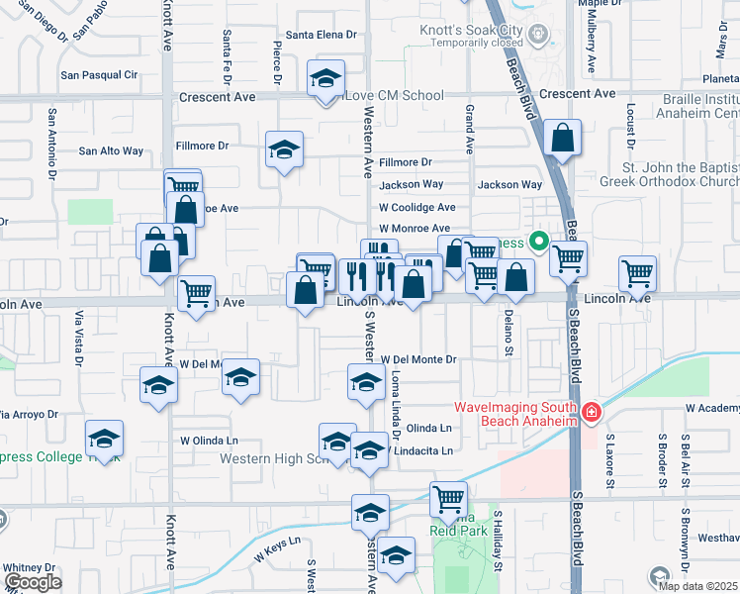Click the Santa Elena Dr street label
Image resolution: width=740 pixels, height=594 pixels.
click(x=321, y=35)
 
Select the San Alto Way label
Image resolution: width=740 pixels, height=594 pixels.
click(x=111, y=151)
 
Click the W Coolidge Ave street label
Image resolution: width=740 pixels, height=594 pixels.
click(x=417, y=208)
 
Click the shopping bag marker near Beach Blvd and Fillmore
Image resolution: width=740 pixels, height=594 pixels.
click(x=562, y=139)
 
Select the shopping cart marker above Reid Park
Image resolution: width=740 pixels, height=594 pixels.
click(x=449, y=498)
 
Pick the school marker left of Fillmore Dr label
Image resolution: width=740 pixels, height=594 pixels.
click(x=284, y=150)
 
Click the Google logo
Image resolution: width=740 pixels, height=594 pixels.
click(x=32, y=583)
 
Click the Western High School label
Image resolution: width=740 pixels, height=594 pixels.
click(x=272, y=458)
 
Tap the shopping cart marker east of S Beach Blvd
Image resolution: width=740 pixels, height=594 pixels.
click(x=637, y=271)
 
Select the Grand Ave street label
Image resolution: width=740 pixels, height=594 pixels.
click(x=470, y=129)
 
